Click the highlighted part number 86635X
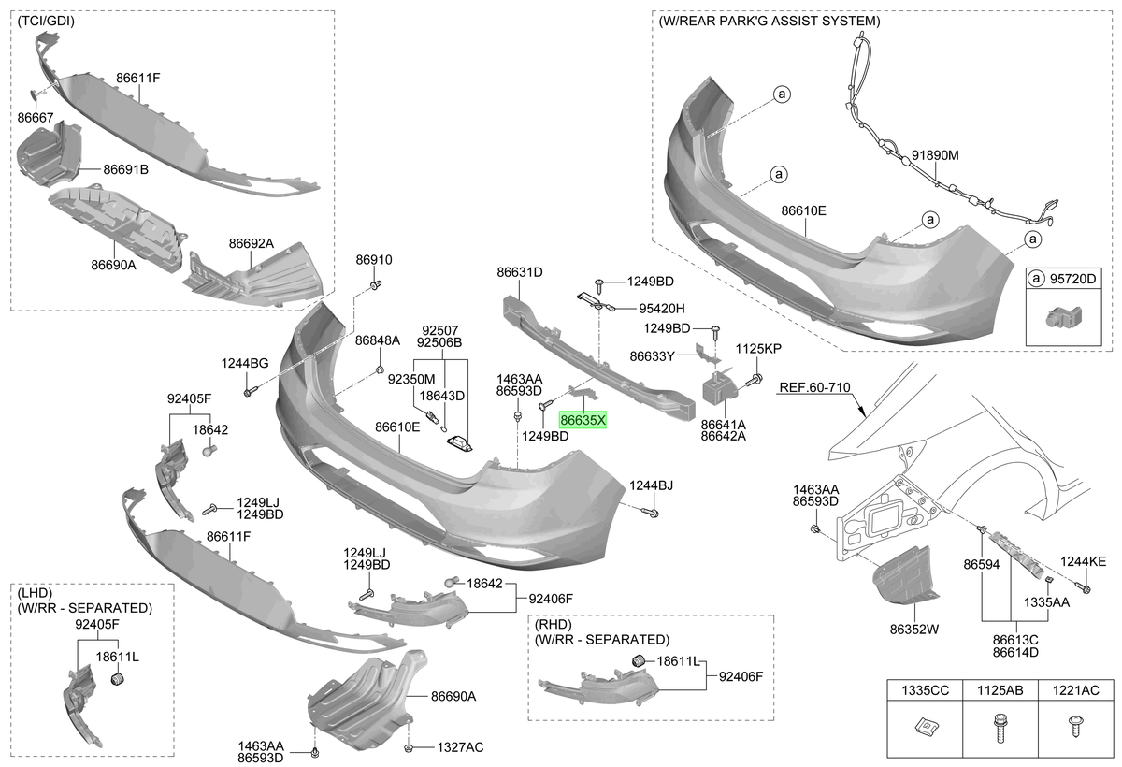coord(583,420)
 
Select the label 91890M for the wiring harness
coord(935,155)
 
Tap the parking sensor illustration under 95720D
coord(1063,317)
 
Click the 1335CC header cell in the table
coord(925,690)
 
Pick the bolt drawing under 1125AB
coord(1000,728)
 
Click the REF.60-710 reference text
coord(814,387)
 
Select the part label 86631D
coord(520,272)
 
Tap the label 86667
coord(36,117)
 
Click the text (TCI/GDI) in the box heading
coord(46,21)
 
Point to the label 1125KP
coord(758,349)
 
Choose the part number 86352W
coord(913,630)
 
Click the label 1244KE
coord(1083,561)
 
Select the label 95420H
coord(662,309)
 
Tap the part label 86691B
coord(125,169)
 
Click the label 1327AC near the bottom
coord(460,747)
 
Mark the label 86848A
coord(377,340)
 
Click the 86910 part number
coord(374,259)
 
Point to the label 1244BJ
coord(651,485)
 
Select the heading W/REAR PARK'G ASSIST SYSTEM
coord(769,21)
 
